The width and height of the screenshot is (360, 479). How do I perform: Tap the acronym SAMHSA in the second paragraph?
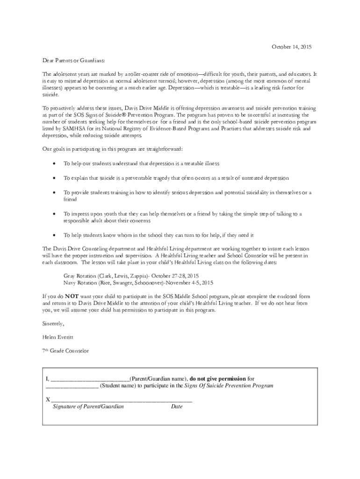tap(69, 128)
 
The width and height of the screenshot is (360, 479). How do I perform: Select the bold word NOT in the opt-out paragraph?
tap(72, 297)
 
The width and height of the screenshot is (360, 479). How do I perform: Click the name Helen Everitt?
tap(58, 337)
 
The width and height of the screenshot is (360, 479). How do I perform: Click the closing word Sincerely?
tap(53, 323)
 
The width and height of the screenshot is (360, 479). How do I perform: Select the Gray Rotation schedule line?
tap(131, 276)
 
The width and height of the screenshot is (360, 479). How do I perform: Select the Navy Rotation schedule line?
tap(138, 283)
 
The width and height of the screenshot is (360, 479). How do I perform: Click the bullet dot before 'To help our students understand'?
tap(56, 164)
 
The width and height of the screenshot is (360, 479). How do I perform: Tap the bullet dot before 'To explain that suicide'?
tap(56, 178)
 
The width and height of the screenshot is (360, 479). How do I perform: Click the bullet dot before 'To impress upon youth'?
tap(56, 214)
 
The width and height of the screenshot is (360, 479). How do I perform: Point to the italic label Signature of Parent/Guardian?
tap(88, 407)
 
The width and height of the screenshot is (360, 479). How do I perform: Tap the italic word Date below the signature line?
tap(177, 407)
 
